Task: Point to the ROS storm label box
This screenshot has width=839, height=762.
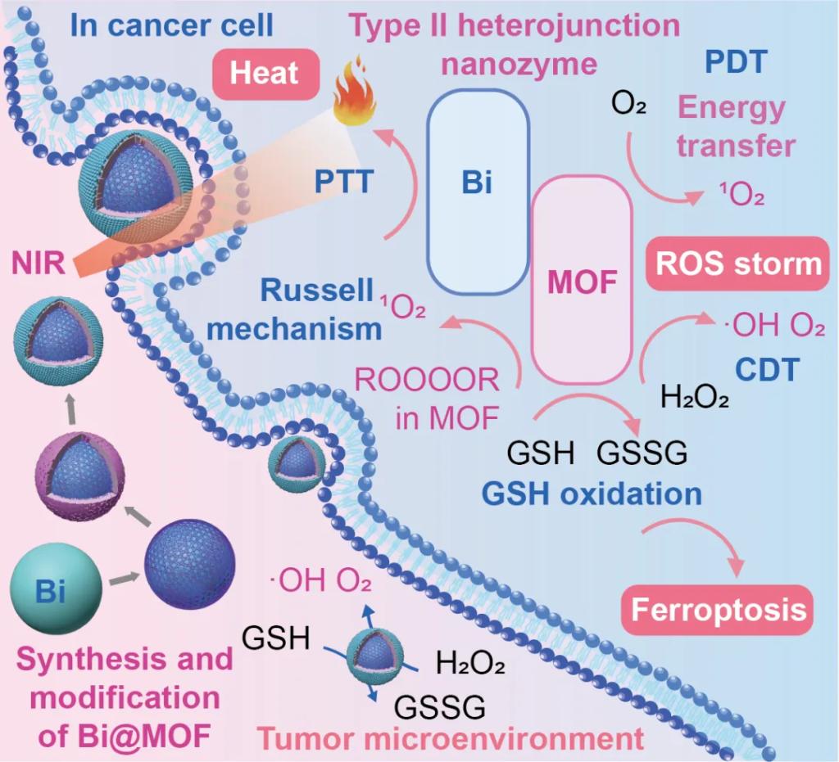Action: click(734, 264)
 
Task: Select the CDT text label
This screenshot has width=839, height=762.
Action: click(766, 370)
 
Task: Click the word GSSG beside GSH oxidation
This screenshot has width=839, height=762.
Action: click(642, 453)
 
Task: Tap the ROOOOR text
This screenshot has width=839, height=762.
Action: click(426, 381)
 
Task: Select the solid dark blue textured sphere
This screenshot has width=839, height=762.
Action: click(190, 565)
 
